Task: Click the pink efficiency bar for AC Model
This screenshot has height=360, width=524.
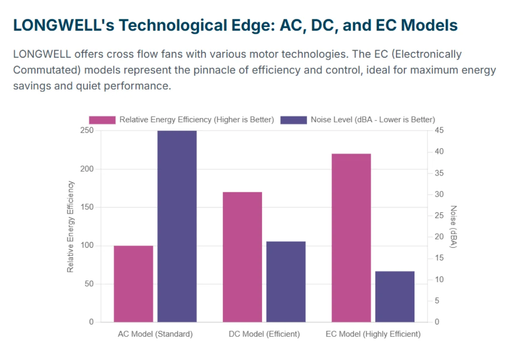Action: [x=133, y=284]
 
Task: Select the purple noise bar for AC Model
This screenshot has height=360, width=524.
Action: [x=177, y=226]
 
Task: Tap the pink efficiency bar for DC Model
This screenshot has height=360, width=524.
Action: [x=242, y=257]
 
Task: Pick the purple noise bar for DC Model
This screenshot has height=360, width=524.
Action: [x=286, y=282]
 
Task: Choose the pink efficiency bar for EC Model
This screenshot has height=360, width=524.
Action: [x=351, y=238]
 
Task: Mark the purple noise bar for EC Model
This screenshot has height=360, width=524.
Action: [x=395, y=297]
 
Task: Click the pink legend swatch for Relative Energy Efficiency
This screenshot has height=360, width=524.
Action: [x=102, y=120]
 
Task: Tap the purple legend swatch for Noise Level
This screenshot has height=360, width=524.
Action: [x=293, y=120]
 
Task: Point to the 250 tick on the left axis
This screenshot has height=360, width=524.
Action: [x=87, y=130]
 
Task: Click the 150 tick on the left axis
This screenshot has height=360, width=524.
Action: [x=87, y=207]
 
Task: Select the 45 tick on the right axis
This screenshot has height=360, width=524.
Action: [x=439, y=130]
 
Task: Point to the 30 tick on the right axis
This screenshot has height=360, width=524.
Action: [x=439, y=194]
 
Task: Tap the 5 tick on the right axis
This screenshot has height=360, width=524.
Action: [x=437, y=301]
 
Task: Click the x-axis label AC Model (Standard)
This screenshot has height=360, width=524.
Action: [x=155, y=334]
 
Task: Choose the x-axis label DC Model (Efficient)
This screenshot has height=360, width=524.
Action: [x=264, y=334]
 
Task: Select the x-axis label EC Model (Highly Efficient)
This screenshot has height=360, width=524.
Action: [x=373, y=334]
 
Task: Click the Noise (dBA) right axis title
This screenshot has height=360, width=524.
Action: [x=453, y=227]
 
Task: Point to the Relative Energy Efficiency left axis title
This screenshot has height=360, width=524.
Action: [x=70, y=227]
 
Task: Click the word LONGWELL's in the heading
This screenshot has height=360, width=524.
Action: [x=64, y=25]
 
